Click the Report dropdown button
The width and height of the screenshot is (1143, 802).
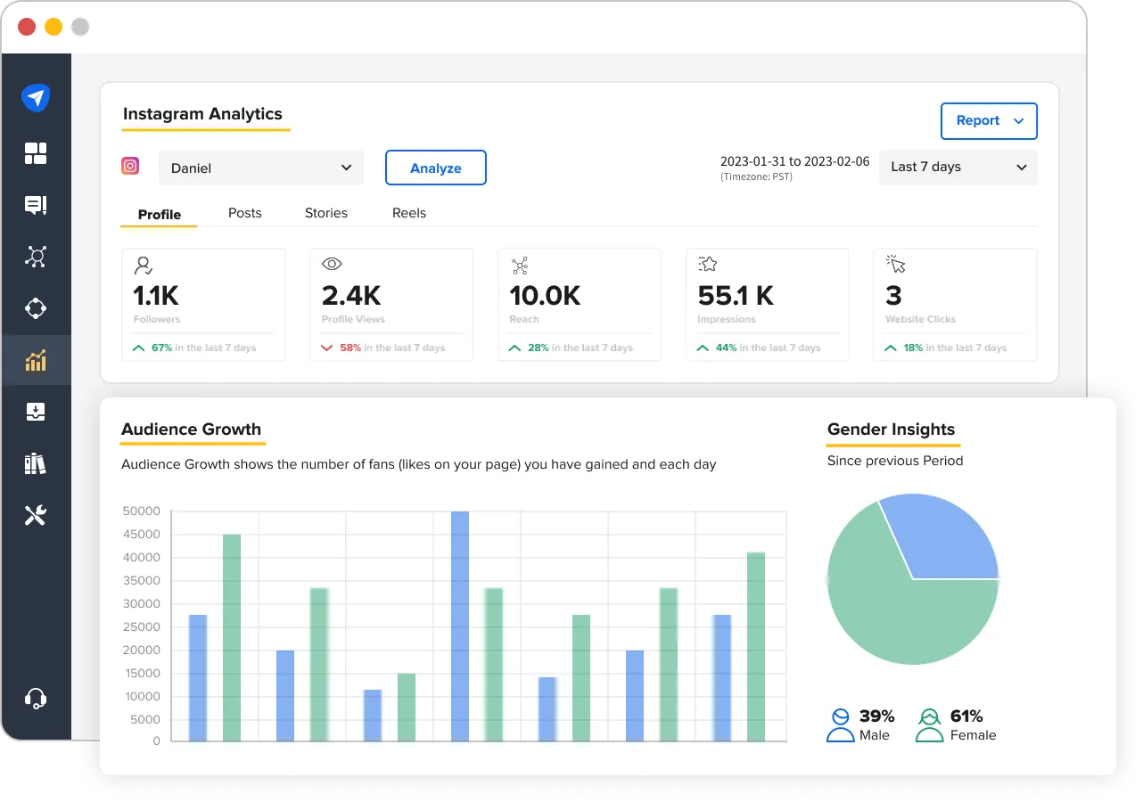point(989,121)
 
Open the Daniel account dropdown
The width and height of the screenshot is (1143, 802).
point(260,168)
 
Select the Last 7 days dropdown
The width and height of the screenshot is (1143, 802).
point(958,168)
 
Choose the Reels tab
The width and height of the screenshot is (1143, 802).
point(409,213)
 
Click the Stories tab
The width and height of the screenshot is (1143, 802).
point(326,213)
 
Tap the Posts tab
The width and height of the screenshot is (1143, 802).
point(245,213)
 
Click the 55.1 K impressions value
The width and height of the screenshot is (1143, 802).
point(736,295)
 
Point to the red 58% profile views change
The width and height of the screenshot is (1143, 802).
point(349,348)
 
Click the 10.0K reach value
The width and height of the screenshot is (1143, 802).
point(545,295)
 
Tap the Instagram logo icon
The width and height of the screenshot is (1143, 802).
point(130,166)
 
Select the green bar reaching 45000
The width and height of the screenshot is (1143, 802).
point(232,637)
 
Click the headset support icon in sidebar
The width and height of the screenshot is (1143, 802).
point(36,698)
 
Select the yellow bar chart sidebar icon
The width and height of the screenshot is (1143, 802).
point(36,361)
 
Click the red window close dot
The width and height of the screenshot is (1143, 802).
point(27,27)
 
